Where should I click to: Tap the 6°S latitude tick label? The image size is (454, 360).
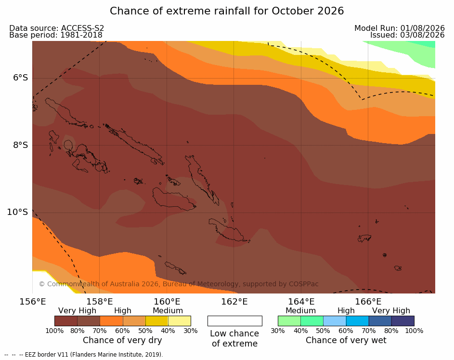21,78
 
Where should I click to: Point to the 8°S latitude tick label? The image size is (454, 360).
21,145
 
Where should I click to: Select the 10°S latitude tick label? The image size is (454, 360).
18,212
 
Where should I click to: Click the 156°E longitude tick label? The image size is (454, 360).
33,302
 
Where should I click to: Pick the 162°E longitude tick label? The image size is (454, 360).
234,302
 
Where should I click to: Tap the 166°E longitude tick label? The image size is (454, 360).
369,302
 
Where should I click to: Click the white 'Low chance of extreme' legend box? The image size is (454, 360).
235,321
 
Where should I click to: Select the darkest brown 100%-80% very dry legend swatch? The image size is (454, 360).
66,321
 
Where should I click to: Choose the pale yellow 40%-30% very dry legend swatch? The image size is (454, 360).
180,321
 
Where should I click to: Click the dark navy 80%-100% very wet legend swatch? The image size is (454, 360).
403,321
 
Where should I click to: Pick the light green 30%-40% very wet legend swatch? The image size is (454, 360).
289,321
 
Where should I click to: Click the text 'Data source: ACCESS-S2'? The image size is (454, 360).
56,28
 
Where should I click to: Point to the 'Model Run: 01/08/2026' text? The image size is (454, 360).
400,28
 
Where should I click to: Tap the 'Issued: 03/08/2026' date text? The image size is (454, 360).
407,35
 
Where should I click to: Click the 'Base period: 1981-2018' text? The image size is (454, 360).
56,35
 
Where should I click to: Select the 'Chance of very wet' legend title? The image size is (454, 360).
346,340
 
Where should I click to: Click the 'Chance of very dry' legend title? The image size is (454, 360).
122,340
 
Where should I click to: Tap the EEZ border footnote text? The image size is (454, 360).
84,355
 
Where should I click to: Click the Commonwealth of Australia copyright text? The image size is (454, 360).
179,284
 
